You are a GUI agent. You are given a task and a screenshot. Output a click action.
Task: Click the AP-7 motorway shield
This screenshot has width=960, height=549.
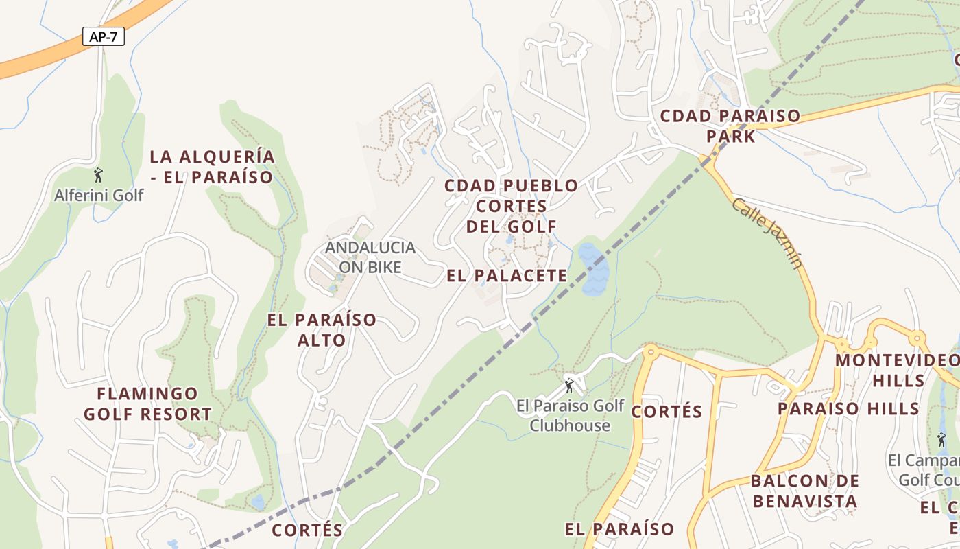pyautogui.click(x=104, y=37)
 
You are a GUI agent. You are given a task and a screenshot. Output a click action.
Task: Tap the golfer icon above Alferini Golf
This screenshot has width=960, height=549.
pyautogui.click(x=98, y=175)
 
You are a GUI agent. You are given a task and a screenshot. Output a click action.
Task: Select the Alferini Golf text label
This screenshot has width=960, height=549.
pyautogui.click(x=99, y=196)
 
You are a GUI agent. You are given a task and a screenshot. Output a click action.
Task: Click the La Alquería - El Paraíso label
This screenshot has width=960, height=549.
pyautogui.click(x=212, y=167)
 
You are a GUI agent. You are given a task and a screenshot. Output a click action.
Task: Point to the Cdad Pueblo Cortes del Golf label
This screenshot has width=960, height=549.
pyautogui.click(x=511, y=206)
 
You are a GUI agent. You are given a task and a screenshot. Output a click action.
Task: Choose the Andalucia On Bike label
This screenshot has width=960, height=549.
pyautogui.click(x=370, y=257)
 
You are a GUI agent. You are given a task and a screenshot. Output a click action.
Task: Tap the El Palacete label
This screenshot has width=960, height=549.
pyautogui.click(x=507, y=276)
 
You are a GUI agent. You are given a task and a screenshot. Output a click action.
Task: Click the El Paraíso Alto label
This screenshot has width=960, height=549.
pyautogui.click(x=322, y=330)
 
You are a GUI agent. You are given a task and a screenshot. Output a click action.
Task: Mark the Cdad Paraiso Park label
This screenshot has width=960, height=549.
pyautogui.click(x=730, y=126)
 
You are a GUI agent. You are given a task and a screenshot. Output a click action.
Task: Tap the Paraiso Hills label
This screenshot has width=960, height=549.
pyautogui.click(x=848, y=409)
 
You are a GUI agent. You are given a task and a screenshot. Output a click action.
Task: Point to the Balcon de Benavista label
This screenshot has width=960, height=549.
pyautogui.click(x=805, y=491)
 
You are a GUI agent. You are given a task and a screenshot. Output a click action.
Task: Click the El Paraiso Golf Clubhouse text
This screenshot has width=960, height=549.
pyautogui.click(x=570, y=415)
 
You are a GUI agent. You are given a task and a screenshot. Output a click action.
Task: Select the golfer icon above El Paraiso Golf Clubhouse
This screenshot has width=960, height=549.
pyautogui.click(x=568, y=385)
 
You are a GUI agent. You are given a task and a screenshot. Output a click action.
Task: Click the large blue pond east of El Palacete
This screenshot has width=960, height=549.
pyautogui.click(x=592, y=268)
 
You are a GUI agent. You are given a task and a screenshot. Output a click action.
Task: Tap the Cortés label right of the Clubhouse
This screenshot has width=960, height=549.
pyautogui.click(x=667, y=412)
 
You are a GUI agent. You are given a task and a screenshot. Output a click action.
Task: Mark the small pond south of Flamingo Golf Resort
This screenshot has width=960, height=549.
pyautogui.click(x=257, y=502)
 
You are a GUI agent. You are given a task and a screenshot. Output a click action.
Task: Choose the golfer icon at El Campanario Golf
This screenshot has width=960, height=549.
pyautogui.click(x=941, y=440)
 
